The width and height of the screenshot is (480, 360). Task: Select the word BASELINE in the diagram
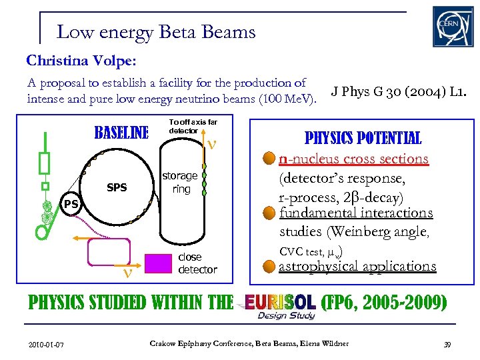click(122, 133)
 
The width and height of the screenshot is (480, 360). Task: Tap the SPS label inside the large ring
click(117, 187)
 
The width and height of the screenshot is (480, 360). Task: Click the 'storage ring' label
click(181, 182)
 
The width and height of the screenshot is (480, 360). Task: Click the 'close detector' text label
click(197, 263)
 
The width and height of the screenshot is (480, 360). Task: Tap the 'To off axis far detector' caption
click(193, 126)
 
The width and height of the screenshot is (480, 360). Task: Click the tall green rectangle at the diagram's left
click(45, 162)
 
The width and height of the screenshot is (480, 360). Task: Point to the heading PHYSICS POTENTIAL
click(363, 138)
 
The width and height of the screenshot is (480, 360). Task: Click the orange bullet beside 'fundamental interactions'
click(269, 213)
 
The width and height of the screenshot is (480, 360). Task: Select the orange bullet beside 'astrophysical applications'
click(269, 267)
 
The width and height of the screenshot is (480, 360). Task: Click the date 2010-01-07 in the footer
click(46, 344)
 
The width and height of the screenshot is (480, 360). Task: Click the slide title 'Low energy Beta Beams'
click(156, 31)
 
